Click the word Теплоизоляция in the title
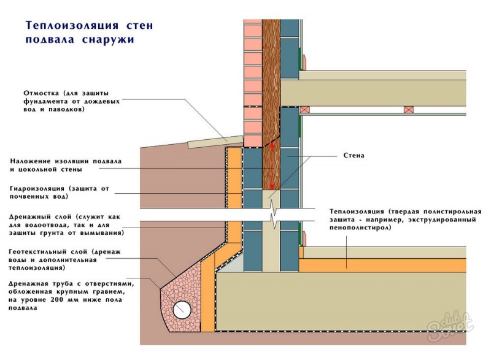point(69,26)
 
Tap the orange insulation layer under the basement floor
point(381,262)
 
